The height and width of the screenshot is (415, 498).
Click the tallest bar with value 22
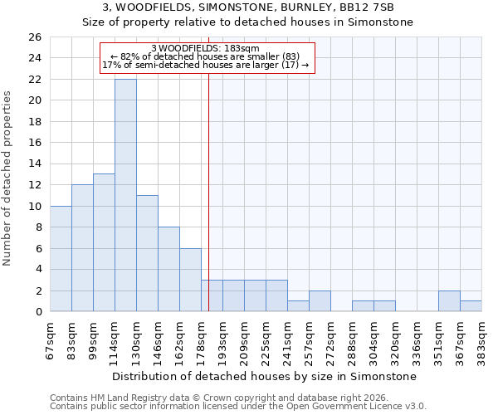click(x=125, y=195)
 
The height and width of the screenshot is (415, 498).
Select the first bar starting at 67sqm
click(x=61, y=258)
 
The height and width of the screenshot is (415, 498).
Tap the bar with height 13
click(x=104, y=242)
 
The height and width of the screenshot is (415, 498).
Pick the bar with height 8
click(x=168, y=269)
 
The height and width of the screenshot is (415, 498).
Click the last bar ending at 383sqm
click(x=471, y=306)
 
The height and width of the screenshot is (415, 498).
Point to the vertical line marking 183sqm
click(x=208, y=191)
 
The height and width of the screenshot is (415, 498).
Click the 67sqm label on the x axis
click(x=51, y=339)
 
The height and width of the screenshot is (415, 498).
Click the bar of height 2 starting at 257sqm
click(x=320, y=301)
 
